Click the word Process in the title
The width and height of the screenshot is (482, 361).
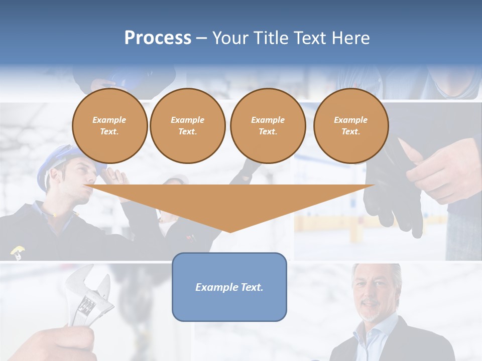(x=158, y=38)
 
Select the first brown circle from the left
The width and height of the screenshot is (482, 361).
(x=109, y=126)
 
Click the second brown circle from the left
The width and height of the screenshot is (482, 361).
(x=187, y=126)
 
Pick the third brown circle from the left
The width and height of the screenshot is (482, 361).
(x=268, y=126)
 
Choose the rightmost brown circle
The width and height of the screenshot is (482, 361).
(x=350, y=126)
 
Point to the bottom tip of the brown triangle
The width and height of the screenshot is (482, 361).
(x=229, y=231)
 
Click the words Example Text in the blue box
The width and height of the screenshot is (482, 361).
(x=229, y=287)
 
